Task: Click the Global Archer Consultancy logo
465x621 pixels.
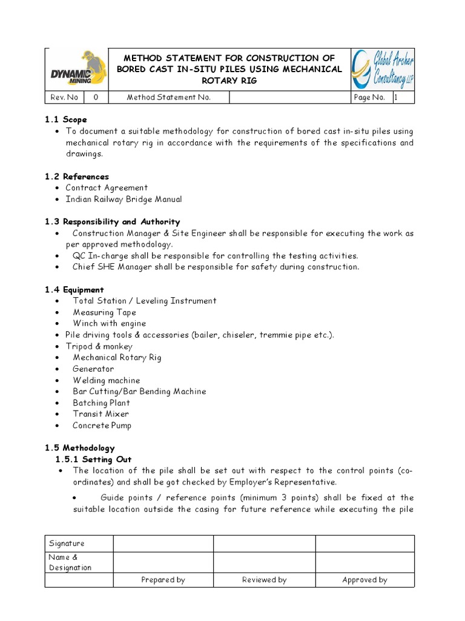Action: [383, 70]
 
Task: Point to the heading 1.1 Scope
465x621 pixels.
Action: [65, 120]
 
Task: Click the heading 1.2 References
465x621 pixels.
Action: [76, 176]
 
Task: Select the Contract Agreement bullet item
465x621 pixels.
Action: [107, 188]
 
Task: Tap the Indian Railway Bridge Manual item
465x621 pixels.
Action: [124, 199]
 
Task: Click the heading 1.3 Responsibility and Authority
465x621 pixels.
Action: [112, 222]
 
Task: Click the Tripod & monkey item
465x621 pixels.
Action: [99, 346]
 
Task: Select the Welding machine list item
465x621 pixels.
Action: [106, 380]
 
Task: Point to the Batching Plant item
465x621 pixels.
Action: [101, 403]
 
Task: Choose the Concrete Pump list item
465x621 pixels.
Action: [102, 425]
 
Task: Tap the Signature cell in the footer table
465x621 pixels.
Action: [67, 543]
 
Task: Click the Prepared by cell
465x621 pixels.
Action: [163, 580]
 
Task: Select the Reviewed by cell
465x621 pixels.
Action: [264, 580]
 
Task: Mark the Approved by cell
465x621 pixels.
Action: [364, 580]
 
